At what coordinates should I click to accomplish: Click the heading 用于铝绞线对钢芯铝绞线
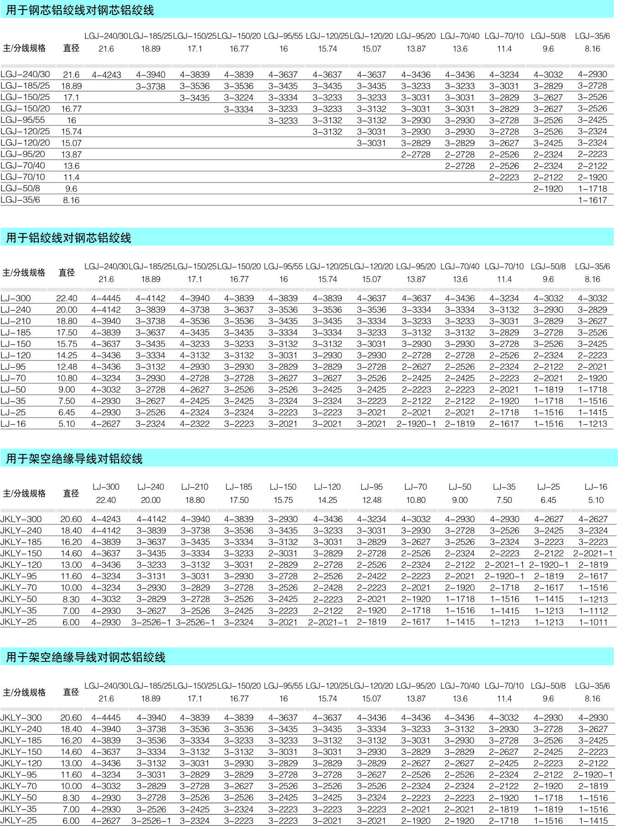pos(68,238)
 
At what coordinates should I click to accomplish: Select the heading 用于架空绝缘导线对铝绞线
pos(74,459)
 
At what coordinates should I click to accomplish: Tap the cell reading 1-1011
pos(593,622)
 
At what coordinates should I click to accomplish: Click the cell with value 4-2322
pos(195,424)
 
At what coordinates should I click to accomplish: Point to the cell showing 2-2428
pos(328,588)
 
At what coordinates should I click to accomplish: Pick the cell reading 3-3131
pos(151,576)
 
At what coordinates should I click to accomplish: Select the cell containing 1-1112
pos(593,611)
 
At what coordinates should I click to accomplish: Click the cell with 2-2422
pos(372,576)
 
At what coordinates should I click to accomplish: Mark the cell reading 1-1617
pos(592,200)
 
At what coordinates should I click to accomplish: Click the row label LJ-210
pos(16,321)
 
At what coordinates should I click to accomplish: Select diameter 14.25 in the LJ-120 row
pos(67,355)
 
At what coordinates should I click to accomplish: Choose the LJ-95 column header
pos(372,487)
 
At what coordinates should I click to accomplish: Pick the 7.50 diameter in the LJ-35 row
pos(67,401)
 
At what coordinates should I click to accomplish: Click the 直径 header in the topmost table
pos(71,48)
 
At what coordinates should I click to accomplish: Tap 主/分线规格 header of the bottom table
pos(24,692)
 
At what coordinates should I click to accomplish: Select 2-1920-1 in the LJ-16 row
pos(416,424)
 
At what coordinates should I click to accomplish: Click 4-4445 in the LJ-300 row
pos(106,298)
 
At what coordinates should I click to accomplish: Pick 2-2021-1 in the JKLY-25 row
pos(328,622)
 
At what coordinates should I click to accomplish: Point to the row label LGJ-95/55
pos(23,120)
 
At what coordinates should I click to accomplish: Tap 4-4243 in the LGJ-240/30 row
pos(106,75)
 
